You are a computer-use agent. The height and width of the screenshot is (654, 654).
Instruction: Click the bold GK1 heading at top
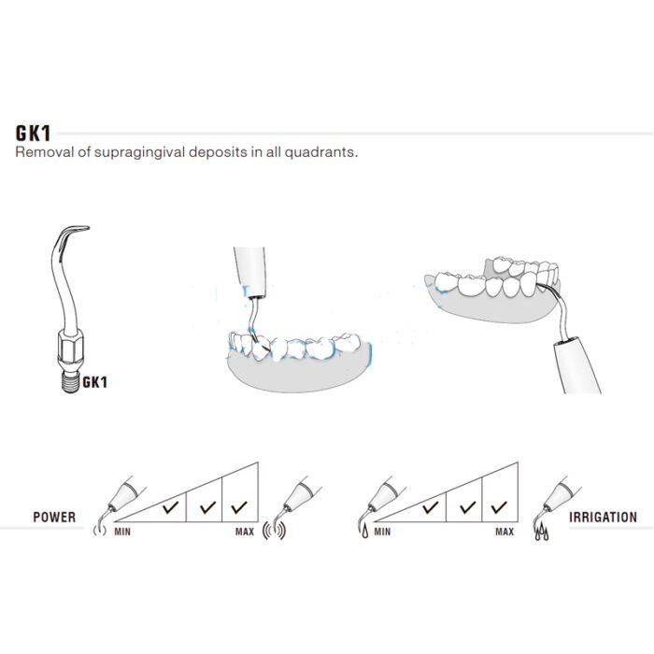33,134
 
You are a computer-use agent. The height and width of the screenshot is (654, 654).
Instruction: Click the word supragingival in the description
139,152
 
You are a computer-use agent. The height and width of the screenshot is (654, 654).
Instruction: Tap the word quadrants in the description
321,151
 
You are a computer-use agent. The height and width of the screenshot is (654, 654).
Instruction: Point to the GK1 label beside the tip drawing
94,382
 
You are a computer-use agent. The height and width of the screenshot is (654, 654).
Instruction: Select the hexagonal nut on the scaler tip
70,346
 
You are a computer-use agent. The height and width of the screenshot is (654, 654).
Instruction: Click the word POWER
54,518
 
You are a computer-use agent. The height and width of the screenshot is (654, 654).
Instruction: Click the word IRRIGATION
604,518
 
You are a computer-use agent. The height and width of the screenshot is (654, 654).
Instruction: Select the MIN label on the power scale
122,532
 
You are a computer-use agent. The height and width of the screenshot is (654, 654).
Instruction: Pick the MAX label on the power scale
245,532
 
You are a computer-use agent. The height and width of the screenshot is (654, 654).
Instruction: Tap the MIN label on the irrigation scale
382,532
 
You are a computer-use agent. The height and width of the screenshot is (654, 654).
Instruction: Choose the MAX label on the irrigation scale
505,532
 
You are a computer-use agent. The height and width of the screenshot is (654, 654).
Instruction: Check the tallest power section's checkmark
239,507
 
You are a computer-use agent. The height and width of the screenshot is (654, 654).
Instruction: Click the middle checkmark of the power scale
207,507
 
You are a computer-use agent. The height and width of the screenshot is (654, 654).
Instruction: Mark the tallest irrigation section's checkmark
499,507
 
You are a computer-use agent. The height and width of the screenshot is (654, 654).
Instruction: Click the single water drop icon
365,531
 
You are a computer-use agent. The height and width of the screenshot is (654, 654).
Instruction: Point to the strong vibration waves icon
274,531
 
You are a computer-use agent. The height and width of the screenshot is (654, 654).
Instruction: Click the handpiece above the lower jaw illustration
249,272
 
